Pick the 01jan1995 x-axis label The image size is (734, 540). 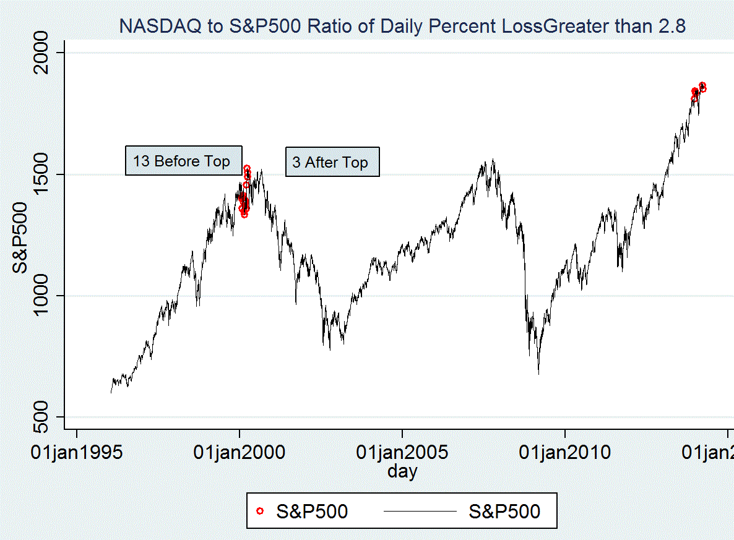(76, 452)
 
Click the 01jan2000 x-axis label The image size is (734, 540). (239, 452)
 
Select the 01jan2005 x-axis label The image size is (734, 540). (402, 452)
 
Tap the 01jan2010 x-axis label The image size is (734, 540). (564, 452)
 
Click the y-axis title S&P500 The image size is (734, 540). (20, 238)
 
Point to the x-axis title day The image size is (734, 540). (402, 472)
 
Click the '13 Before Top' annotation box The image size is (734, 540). (183, 161)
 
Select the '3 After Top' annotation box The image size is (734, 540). (332, 163)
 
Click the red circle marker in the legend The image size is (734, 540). (260, 511)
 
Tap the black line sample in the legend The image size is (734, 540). (421, 511)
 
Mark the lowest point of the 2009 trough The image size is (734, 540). (538, 374)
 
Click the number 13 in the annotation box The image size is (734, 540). (141, 161)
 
